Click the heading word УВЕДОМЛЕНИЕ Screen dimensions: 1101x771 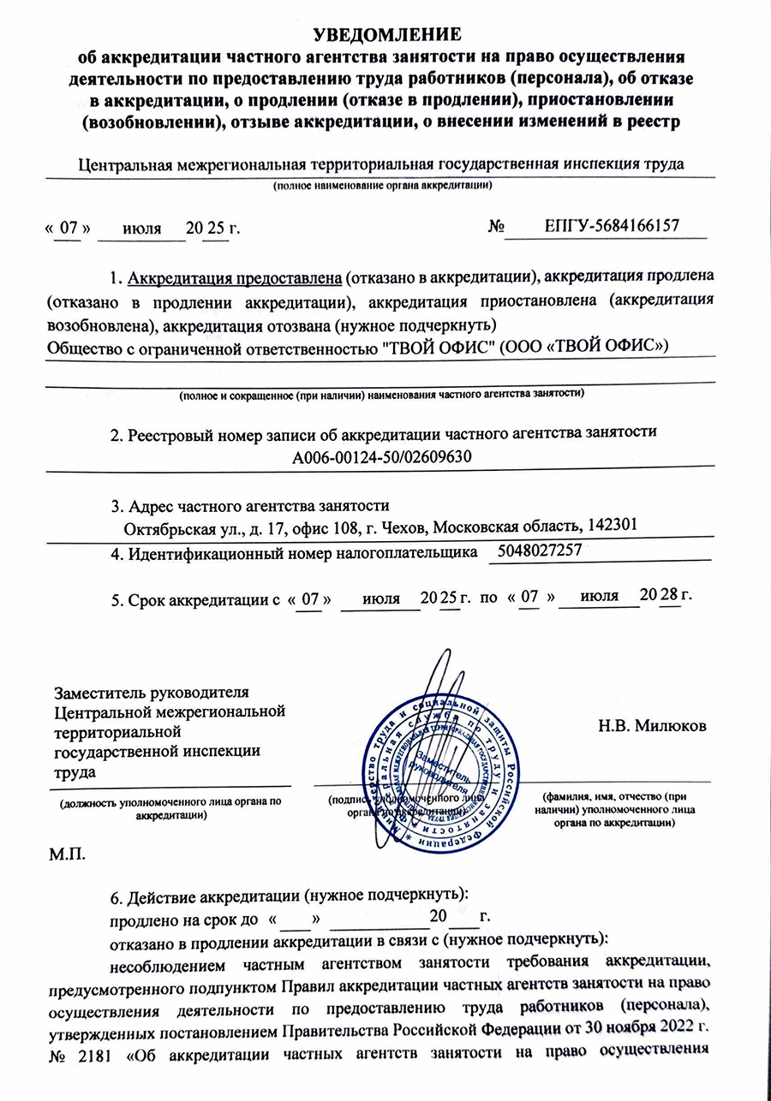click(387, 34)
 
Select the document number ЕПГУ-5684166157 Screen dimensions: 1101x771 click(612, 226)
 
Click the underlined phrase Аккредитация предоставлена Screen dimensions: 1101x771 click(236, 278)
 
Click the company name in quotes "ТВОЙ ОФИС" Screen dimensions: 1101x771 click(437, 345)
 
